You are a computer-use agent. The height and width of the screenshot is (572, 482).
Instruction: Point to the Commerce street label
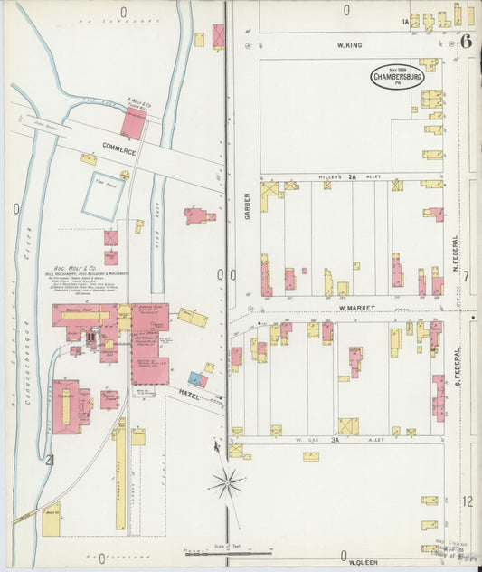point(118,147)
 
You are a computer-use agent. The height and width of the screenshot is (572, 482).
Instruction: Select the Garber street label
point(246,207)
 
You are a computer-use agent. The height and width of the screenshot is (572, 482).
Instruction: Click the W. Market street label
point(355,308)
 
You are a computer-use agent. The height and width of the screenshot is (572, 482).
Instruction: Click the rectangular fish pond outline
point(105,195)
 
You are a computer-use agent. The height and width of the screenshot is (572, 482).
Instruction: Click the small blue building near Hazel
point(194,377)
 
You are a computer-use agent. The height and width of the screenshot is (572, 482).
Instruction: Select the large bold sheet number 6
point(465,41)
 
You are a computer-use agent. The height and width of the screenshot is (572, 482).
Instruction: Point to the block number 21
point(51,461)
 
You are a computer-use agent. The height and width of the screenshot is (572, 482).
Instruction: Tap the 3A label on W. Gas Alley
point(334,440)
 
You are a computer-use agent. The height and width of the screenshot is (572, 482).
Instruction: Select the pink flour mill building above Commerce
point(133,125)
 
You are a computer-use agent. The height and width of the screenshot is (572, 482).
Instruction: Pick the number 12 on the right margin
point(467,500)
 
